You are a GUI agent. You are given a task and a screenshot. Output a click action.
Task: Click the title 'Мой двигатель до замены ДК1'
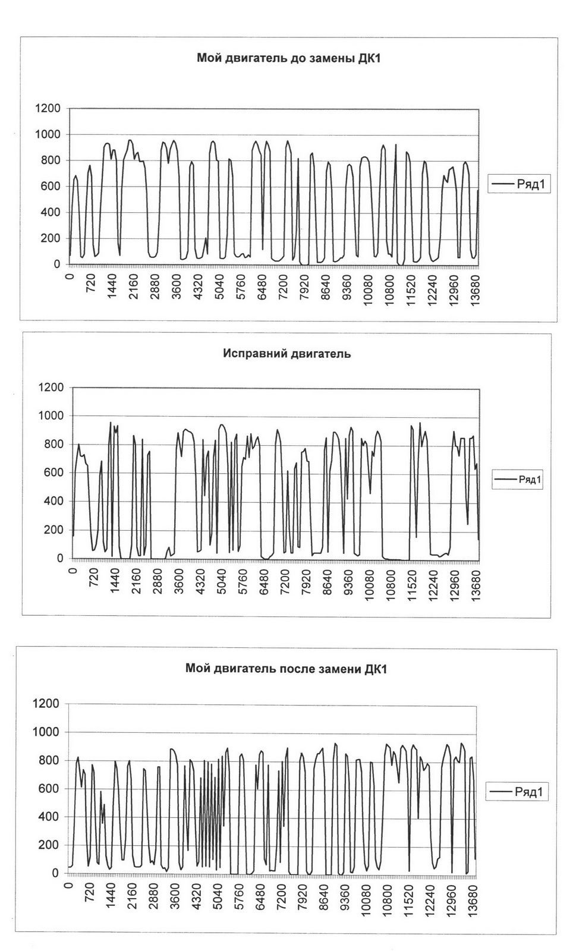[288, 58]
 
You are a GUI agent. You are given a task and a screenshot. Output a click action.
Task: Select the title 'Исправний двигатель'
[287, 354]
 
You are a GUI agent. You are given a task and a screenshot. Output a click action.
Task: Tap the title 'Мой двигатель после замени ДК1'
[286, 669]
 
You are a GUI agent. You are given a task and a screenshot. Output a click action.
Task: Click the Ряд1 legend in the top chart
[519, 184]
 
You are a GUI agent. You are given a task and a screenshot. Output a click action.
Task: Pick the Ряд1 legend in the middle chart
[518, 479]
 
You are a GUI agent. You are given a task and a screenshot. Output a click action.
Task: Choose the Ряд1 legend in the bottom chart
[516, 792]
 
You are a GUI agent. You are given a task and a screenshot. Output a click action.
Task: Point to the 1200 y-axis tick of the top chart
[48, 109]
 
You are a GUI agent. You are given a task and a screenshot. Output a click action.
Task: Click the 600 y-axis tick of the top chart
[51, 187]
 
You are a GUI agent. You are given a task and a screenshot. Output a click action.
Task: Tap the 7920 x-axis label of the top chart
[304, 287]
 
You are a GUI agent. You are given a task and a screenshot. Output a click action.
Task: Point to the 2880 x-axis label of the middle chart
[158, 581]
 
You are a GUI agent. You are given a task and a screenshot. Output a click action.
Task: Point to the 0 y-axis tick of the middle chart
[60, 559]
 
